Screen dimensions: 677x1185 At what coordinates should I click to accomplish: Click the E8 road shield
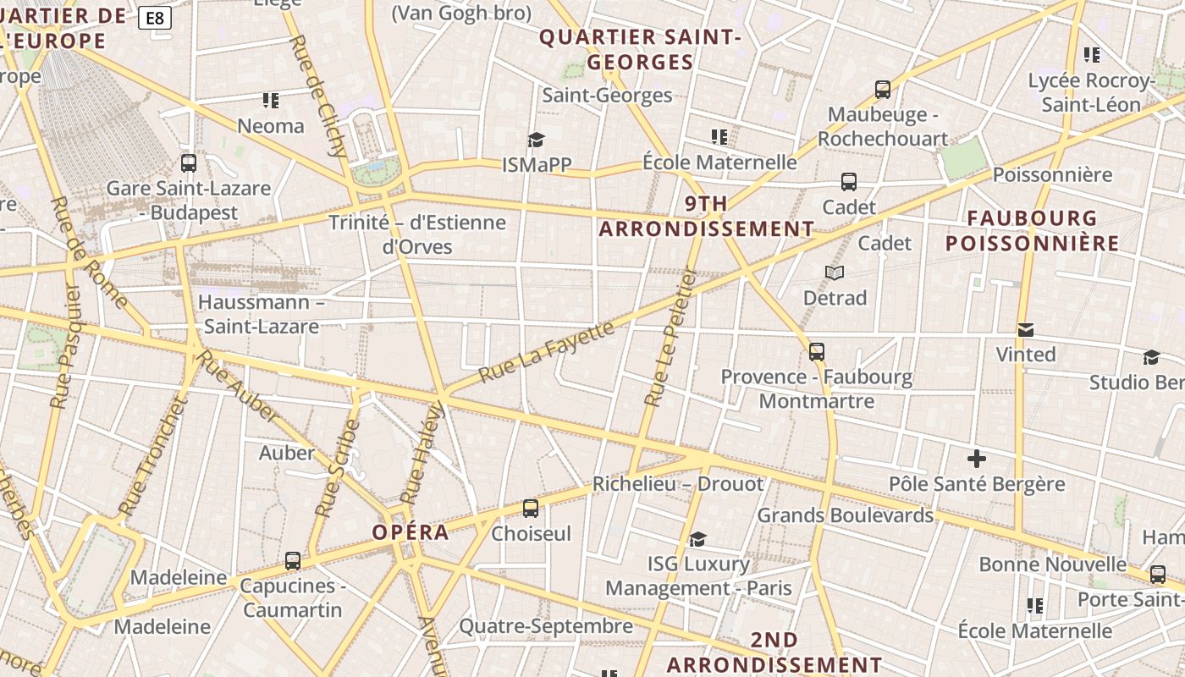pos(155,18)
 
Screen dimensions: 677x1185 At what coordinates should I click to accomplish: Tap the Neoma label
pos(271,126)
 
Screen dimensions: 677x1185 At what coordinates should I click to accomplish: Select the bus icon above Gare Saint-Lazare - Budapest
pos(189,163)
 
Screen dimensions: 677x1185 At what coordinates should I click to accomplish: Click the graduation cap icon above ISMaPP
pos(536,140)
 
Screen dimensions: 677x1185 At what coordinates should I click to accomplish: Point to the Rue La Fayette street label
pos(546,352)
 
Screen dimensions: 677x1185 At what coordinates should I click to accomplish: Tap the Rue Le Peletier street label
pos(670,337)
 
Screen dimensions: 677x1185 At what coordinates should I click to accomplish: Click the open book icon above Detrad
pos(835,272)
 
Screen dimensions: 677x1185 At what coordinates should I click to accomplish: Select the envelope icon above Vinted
pos(1026,330)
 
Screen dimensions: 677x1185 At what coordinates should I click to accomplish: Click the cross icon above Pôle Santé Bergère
pos(977,460)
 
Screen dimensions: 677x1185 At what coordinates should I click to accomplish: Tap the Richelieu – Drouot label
pos(678,484)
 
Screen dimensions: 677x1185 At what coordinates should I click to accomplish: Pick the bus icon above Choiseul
pos(531,509)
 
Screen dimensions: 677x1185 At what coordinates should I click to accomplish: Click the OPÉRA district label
pos(411,532)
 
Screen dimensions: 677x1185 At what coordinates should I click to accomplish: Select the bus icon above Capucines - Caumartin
pos(293,560)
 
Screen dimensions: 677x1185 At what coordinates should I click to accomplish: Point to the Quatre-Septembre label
pos(546,626)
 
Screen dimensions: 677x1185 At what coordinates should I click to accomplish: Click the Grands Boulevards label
pos(845,515)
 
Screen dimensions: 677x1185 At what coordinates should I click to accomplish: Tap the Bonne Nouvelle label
pos(1053,564)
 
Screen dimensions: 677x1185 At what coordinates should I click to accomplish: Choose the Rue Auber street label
pos(237,385)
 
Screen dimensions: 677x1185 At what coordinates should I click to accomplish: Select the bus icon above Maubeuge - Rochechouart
pos(883,89)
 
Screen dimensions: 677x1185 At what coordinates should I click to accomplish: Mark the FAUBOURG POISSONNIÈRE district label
pos(1033,231)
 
